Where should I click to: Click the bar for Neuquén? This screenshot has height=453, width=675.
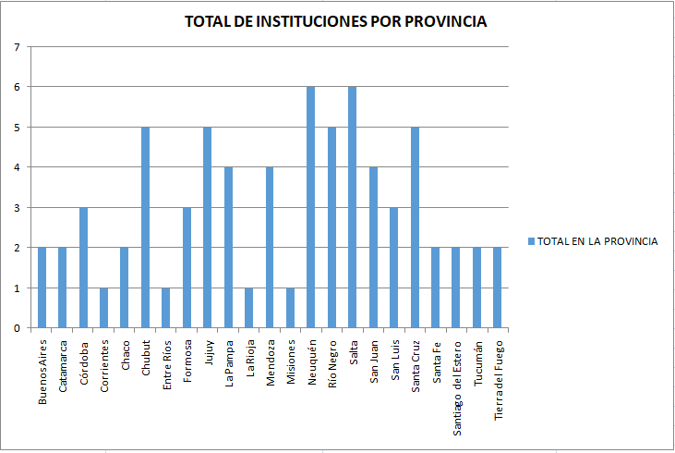(x=311, y=207)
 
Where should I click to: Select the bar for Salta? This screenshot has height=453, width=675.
(x=353, y=207)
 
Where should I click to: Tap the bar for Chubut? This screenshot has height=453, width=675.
(x=146, y=227)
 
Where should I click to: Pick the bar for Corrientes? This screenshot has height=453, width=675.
(x=104, y=308)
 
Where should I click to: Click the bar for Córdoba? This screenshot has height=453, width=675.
(x=83, y=267)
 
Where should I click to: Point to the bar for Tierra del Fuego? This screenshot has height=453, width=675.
(x=498, y=288)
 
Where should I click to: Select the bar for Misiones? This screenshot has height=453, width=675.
(x=291, y=308)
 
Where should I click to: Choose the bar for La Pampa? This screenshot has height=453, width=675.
(x=228, y=248)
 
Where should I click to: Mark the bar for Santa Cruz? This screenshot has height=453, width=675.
(x=415, y=227)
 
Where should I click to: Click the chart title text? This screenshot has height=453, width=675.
(x=335, y=21)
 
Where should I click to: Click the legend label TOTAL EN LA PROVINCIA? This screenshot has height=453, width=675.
(x=597, y=241)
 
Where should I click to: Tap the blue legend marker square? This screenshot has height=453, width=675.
(x=531, y=241)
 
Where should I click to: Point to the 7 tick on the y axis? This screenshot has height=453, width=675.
(x=17, y=46)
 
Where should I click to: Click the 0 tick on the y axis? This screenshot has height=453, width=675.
(x=17, y=328)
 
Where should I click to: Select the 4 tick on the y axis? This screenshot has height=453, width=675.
(x=17, y=167)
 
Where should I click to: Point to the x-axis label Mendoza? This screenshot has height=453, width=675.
(x=270, y=364)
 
